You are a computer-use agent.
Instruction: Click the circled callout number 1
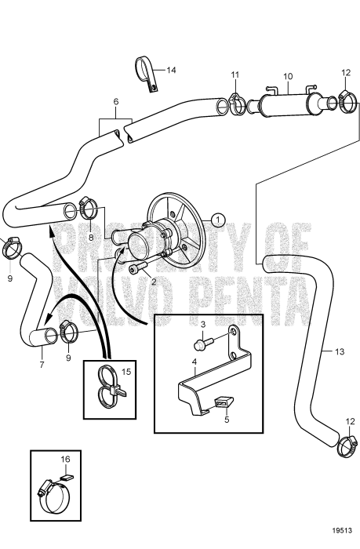(219, 220)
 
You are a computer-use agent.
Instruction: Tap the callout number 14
(171, 71)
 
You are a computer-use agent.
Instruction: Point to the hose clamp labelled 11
(238, 104)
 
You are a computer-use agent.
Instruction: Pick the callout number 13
(340, 351)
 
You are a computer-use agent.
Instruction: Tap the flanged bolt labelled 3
(202, 344)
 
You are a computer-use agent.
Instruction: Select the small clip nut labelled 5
(224, 403)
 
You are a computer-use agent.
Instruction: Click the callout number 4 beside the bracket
(195, 361)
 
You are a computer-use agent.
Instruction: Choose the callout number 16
(65, 459)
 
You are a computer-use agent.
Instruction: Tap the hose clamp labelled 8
(90, 207)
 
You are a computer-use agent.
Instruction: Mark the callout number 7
(42, 365)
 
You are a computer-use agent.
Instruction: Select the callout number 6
(116, 102)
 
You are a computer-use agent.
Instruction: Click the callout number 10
(288, 76)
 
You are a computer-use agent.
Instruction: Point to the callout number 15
(126, 372)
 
